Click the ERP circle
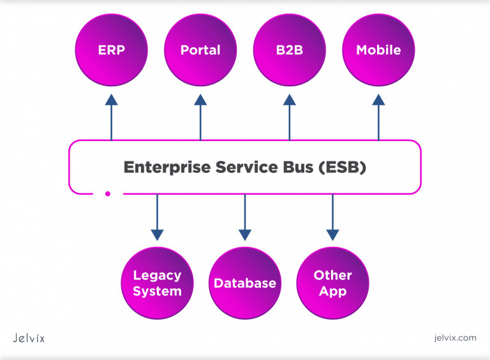(112, 50)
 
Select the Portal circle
(200, 50)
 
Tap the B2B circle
(289, 50)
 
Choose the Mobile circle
(378, 50)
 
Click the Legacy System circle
(157, 283)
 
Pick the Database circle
(245, 283)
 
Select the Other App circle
(333, 283)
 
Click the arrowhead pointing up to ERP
(112, 99)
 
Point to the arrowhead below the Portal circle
(200, 99)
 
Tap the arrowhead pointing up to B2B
(289, 99)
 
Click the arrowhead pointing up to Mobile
(378, 99)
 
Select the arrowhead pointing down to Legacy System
(157, 234)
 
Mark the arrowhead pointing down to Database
(245, 234)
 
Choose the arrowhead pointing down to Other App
(333, 234)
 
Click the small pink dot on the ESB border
(108, 193)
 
